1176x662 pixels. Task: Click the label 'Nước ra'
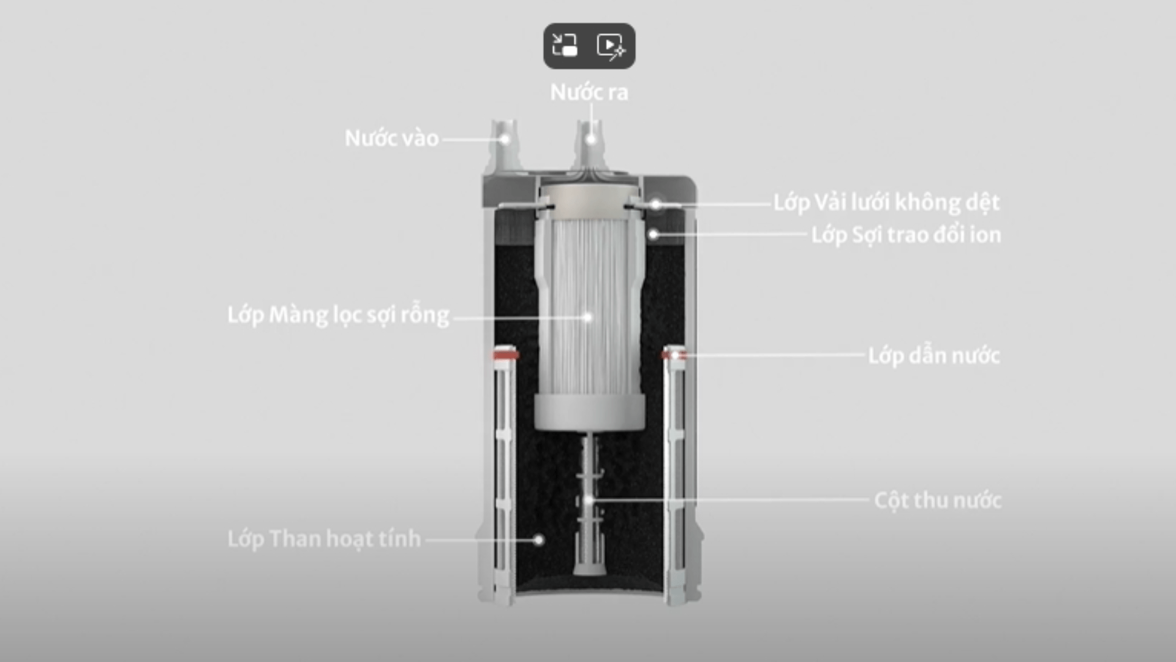click(589, 93)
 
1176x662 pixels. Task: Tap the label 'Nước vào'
click(391, 139)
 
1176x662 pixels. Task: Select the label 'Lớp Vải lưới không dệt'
click(886, 202)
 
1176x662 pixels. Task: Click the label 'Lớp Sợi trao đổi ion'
click(906, 235)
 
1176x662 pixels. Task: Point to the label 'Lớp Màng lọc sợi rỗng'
click(338, 315)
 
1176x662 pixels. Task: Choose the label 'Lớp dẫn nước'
click(933, 356)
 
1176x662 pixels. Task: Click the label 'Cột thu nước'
click(937, 500)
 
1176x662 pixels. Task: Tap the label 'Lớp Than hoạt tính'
click(324, 539)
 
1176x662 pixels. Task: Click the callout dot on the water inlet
click(505, 139)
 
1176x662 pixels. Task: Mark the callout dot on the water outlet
click(591, 139)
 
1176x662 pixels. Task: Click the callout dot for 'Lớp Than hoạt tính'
click(538, 540)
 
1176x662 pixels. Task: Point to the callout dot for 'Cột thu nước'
click(589, 500)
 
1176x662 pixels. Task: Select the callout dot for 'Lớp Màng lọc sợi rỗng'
click(587, 317)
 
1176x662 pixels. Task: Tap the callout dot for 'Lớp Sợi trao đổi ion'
click(654, 234)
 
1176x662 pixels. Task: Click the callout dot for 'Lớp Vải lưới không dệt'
click(656, 204)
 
